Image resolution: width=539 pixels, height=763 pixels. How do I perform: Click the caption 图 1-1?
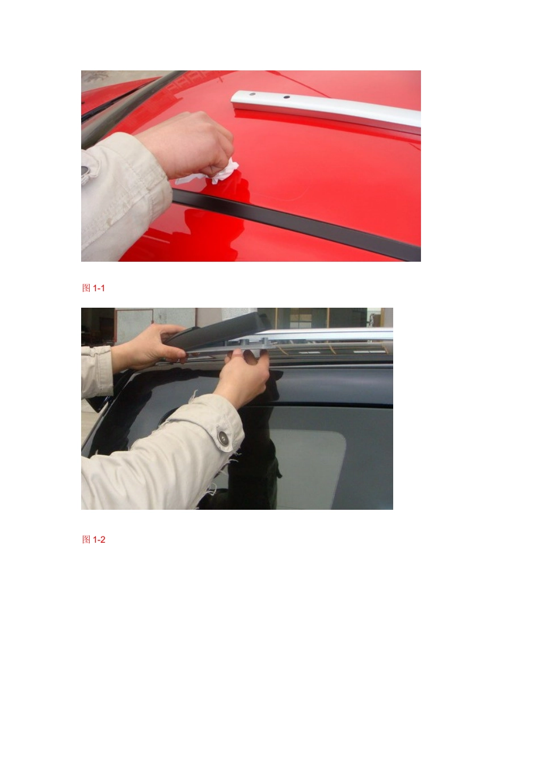tap(93, 288)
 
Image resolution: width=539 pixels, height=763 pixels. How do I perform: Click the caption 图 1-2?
tap(94, 539)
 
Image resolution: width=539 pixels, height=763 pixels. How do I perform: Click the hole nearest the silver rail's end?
tap(252, 94)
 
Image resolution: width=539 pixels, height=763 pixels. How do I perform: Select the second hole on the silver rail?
tap(287, 97)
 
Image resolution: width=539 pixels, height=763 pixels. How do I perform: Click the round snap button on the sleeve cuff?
tap(223, 437)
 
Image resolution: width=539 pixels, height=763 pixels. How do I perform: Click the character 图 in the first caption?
tap(86, 288)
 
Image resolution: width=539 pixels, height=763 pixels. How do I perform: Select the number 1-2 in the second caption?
tap(99, 540)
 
